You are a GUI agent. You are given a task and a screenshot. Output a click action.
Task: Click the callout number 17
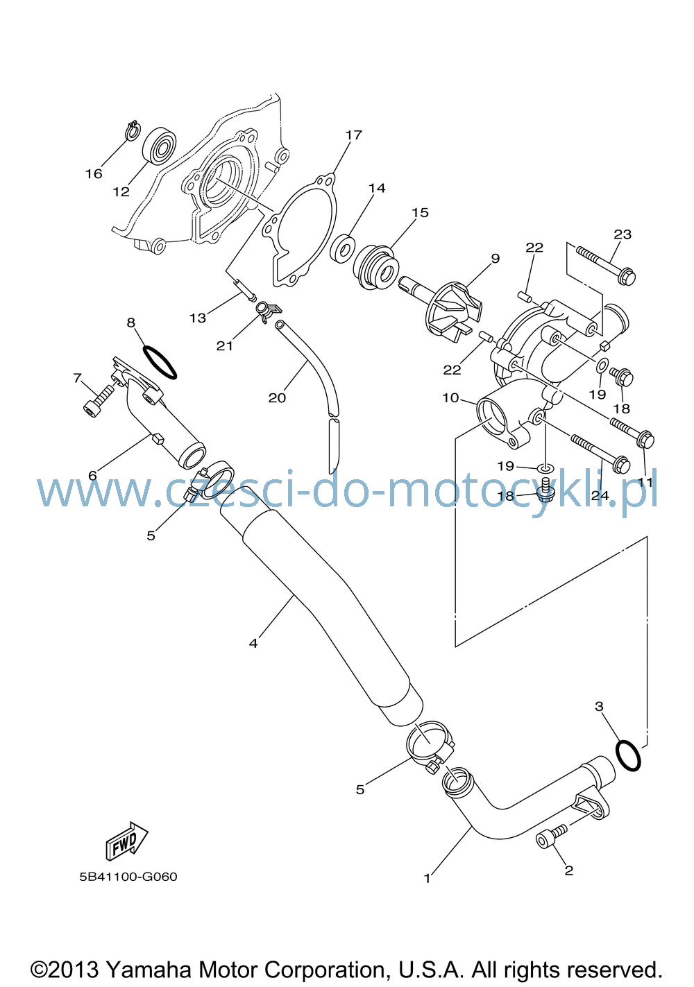click(x=354, y=135)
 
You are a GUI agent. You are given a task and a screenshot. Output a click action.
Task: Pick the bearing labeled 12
click(x=159, y=145)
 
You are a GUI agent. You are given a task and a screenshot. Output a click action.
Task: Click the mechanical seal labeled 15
click(x=376, y=268)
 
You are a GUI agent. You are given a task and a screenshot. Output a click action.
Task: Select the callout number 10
click(x=450, y=398)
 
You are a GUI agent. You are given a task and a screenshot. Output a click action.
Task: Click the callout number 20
click(x=277, y=398)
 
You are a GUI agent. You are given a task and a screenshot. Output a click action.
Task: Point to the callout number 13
click(x=198, y=318)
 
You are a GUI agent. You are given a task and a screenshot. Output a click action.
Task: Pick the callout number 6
click(x=92, y=475)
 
